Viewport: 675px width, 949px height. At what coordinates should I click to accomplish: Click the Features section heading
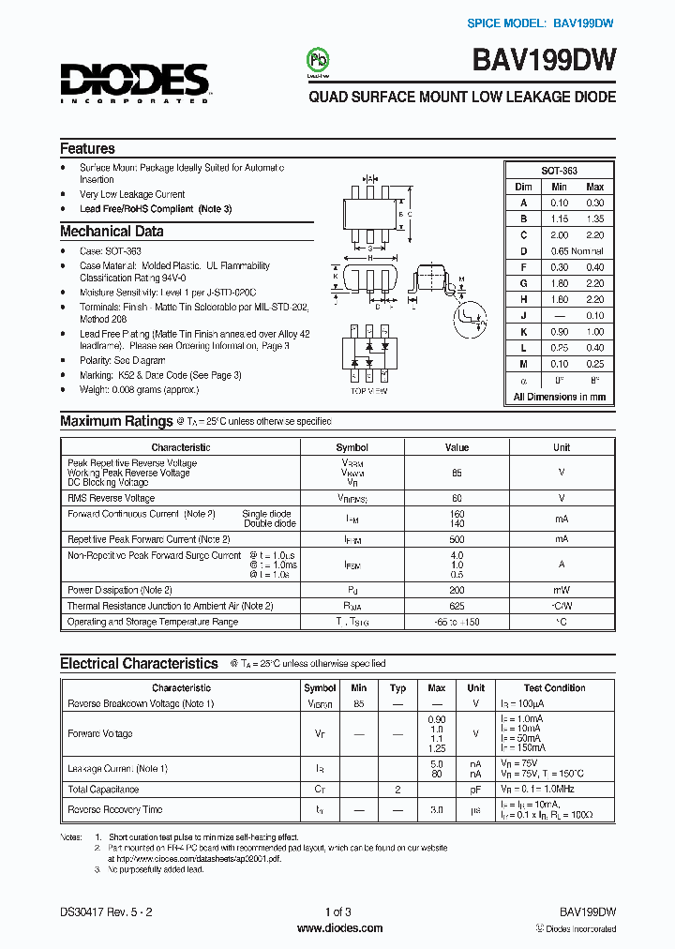point(87,148)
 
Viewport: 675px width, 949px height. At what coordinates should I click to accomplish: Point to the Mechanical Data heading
point(112,232)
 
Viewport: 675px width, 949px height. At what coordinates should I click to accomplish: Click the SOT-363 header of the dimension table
point(559,171)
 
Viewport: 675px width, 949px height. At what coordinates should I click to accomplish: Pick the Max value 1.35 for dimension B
point(594,218)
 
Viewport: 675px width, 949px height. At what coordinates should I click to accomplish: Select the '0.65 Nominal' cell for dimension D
point(577,250)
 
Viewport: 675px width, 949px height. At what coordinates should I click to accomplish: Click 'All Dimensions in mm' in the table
point(559,397)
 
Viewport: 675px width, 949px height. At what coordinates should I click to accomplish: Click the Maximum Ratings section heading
point(116,422)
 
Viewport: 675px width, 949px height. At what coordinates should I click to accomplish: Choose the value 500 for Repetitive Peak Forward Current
point(457,539)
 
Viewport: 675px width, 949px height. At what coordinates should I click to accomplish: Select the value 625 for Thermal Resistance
point(457,606)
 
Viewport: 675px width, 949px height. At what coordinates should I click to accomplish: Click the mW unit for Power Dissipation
point(561,590)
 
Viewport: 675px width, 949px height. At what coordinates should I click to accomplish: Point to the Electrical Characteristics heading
point(139,664)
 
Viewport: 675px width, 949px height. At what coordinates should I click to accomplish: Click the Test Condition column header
point(554,688)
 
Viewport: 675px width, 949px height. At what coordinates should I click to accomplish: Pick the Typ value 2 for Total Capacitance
point(397,790)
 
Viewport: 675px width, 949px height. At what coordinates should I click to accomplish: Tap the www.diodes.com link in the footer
point(338,928)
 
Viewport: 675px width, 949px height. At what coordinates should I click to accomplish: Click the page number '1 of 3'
point(337,911)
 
